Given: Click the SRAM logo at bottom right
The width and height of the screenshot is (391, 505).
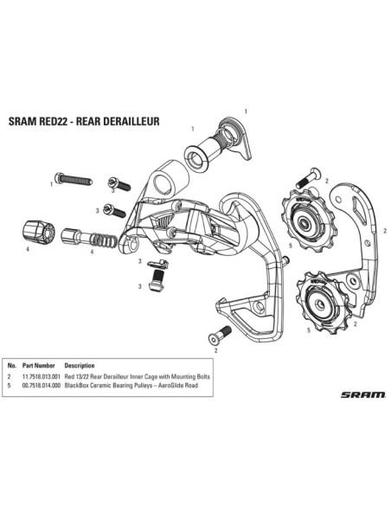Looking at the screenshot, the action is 362,394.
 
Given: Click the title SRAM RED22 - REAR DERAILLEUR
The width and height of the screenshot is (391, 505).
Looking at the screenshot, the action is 84,121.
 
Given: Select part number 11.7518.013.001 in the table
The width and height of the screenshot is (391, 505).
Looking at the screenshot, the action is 42,376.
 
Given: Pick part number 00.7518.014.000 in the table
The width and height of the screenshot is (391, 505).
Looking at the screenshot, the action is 42,385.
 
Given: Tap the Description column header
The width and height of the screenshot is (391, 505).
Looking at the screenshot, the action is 80,366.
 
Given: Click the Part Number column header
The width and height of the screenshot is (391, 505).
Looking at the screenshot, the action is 39,366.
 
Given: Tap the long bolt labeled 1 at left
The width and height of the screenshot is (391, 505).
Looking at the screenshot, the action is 74,179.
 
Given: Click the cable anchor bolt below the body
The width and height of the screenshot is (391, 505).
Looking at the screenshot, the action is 157,280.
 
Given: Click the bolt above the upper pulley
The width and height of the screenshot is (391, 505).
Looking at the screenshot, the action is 308,178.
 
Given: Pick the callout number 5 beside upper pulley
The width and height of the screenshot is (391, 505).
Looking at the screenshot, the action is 291,246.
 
